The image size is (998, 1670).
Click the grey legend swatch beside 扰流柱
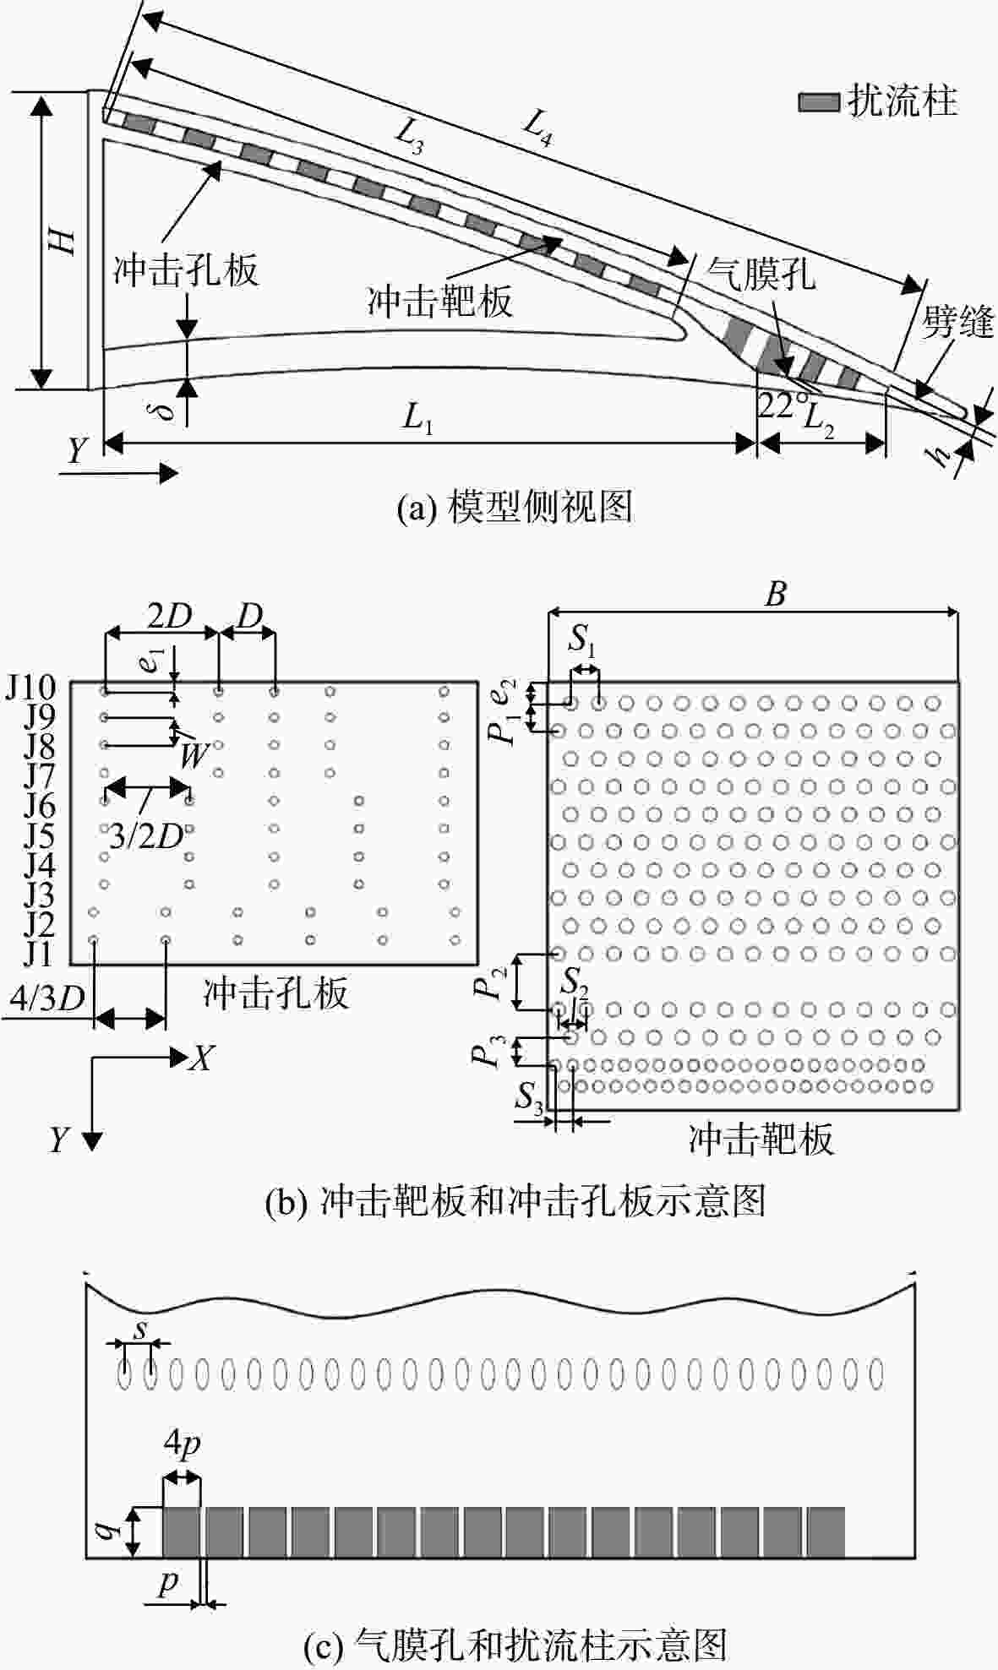click(x=819, y=102)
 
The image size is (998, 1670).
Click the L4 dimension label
click(x=537, y=128)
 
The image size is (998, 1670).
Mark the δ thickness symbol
click(x=166, y=411)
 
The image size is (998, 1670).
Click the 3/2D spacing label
click(x=146, y=837)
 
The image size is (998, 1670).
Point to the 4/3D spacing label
click(x=47, y=999)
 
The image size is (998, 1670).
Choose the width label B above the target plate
click(x=775, y=595)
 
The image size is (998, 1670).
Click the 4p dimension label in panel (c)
click(x=182, y=1446)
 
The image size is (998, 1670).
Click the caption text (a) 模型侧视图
click(x=515, y=507)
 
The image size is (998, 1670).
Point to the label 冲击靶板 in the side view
click(x=439, y=300)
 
